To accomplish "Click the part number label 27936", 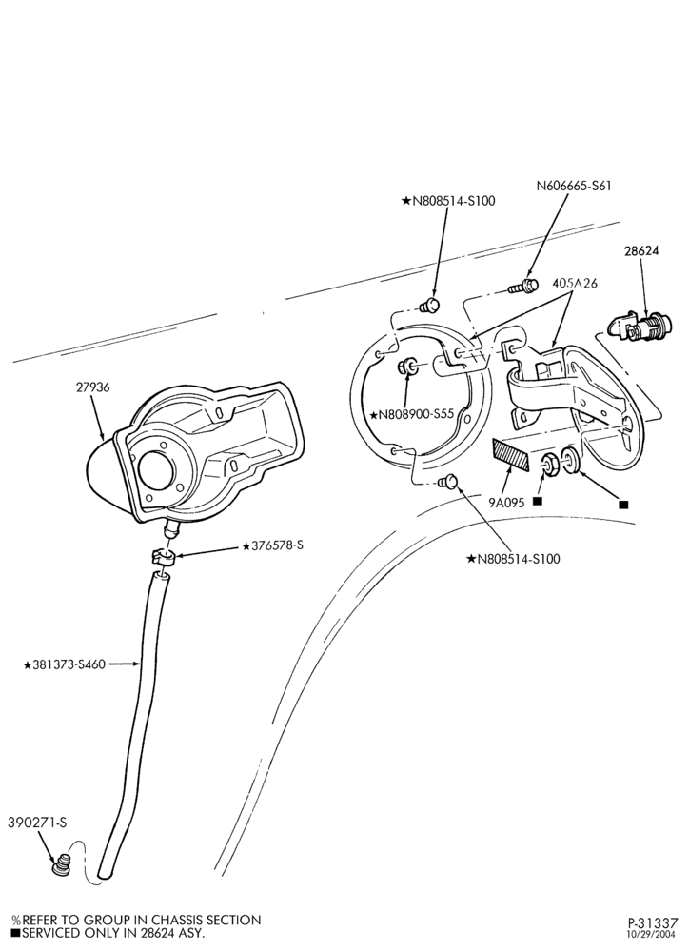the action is pyautogui.click(x=93, y=387).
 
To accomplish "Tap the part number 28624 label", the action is pyautogui.click(x=640, y=250).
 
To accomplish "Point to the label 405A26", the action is pyautogui.click(x=575, y=284).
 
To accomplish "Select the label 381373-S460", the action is pyautogui.click(x=65, y=664).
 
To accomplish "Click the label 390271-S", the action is pyautogui.click(x=37, y=823).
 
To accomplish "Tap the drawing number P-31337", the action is pyautogui.click(x=653, y=923).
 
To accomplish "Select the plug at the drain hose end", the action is pyautogui.click(x=60, y=865).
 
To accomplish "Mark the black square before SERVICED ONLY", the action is pyautogui.click(x=16, y=933).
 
